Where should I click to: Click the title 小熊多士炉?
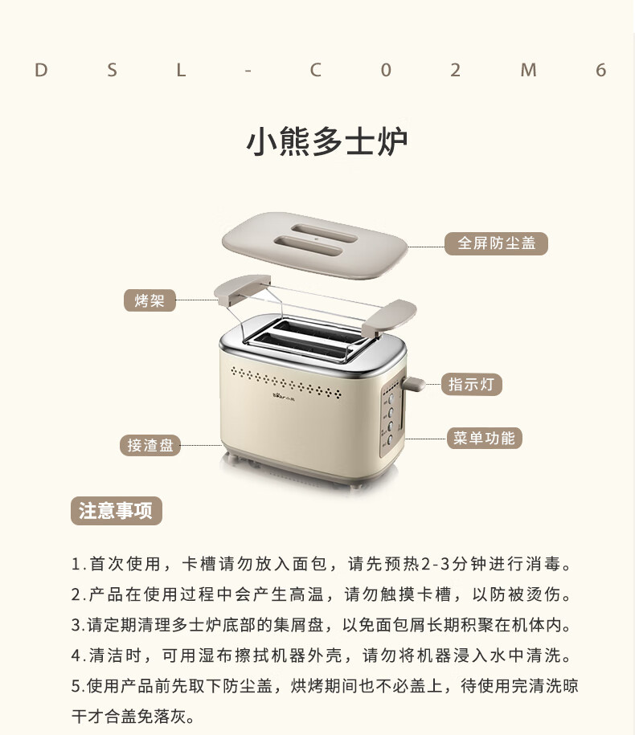tap(326, 141)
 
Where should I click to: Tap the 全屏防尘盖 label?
tap(496, 243)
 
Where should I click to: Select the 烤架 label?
tap(150, 301)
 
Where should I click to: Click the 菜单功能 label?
tap(483, 438)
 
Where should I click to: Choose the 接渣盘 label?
tap(150, 445)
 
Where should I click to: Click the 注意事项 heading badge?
tap(116, 511)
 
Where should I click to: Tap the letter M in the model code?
tap(528, 71)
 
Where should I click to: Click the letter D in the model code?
tap(41, 71)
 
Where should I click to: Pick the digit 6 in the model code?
tap(600, 71)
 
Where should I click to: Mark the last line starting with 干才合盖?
tap(133, 715)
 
